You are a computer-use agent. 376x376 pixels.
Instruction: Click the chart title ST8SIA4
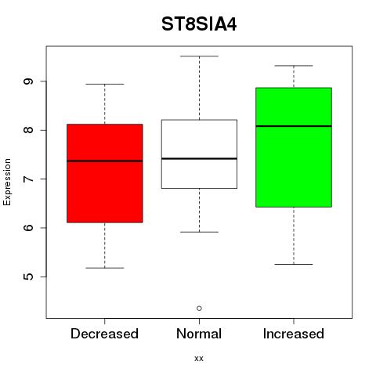click(x=199, y=24)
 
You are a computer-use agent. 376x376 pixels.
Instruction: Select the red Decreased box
click(x=105, y=173)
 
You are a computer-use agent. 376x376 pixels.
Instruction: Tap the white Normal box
click(x=199, y=154)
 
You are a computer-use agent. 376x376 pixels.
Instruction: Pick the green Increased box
click(x=294, y=147)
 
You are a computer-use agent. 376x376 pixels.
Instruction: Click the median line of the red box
click(x=105, y=161)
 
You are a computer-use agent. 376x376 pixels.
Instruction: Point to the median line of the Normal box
click(x=199, y=158)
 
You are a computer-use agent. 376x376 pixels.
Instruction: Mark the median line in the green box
click(x=294, y=126)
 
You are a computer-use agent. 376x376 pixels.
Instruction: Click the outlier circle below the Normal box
click(x=199, y=309)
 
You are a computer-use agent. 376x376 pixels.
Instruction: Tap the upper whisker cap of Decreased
click(x=105, y=84)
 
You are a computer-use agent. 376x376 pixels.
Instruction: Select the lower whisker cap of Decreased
click(x=105, y=268)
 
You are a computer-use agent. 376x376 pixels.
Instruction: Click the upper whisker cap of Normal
click(x=199, y=56)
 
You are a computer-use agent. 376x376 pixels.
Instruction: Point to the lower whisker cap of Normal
click(x=199, y=232)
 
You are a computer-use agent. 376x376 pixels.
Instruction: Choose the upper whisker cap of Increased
click(x=294, y=66)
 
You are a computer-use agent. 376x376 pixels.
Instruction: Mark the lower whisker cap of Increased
click(x=294, y=264)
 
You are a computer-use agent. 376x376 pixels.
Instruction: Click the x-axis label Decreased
click(x=104, y=334)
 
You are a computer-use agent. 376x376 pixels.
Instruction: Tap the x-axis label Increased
click(x=294, y=334)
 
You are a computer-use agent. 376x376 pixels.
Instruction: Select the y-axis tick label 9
click(x=28, y=81)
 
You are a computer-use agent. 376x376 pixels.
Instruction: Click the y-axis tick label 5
click(x=28, y=277)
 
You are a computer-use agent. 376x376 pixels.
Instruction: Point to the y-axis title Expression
click(x=7, y=182)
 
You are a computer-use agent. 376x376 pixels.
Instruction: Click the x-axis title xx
click(x=199, y=359)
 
